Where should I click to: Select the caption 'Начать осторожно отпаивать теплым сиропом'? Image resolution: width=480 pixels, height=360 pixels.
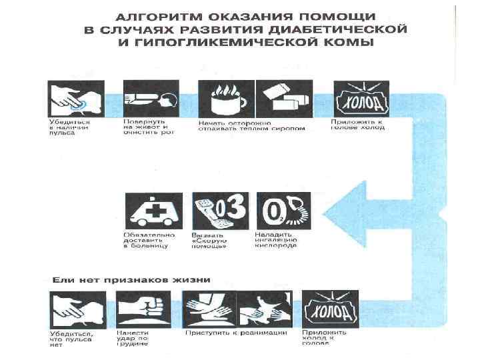[251, 126]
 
